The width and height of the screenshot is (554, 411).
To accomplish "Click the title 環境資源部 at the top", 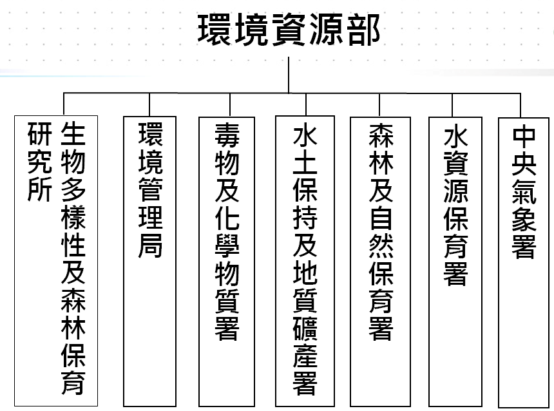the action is point(289,30).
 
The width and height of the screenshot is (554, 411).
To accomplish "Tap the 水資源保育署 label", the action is point(456,204).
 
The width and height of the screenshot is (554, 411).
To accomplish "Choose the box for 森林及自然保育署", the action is point(380,262).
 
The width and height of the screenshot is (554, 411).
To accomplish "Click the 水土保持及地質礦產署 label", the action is point(305,259).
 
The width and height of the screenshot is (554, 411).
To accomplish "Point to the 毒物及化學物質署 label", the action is point(227,232).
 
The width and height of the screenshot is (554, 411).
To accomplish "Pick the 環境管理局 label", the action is point(151,190).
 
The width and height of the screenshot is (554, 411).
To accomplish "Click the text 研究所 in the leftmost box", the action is point(40,162).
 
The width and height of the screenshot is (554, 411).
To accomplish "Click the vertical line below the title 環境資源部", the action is point(289,75).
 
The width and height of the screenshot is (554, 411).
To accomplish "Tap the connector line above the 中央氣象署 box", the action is point(521,105).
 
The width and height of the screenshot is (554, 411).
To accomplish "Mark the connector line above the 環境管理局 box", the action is point(149,105).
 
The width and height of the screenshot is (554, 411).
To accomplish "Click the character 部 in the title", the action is point(363,30).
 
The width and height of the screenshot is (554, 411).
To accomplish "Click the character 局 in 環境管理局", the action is point(151,245).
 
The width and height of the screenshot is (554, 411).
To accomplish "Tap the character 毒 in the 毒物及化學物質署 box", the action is point(227,136).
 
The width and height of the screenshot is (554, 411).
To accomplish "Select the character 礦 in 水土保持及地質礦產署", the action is point(305,329).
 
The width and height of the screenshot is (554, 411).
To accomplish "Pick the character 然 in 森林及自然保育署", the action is point(381,245).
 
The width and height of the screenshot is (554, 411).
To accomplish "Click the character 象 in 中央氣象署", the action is point(524,219).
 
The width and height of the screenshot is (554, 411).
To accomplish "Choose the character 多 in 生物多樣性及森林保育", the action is point(73,190).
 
